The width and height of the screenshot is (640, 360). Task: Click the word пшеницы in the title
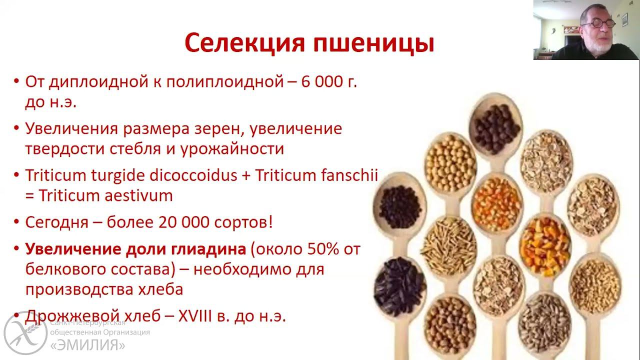click(x=373, y=44)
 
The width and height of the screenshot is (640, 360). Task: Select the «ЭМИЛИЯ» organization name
click(x=87, y=345)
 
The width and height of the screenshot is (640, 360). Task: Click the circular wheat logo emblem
click(x=25, y=331)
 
